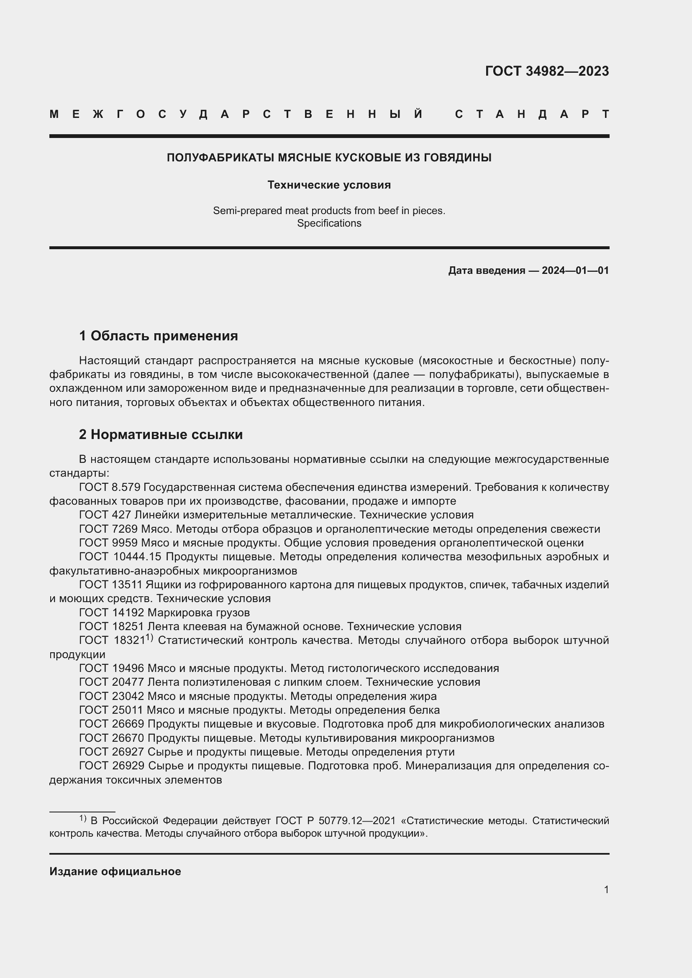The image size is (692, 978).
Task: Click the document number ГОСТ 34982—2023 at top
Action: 547,71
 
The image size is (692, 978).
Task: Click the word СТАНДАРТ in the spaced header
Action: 532,114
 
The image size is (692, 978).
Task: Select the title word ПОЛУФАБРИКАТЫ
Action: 220,158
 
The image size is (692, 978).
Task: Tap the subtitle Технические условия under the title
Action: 329,185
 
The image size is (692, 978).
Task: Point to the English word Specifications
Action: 329,223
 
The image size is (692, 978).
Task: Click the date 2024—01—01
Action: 575,271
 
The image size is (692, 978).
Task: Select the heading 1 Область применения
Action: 159,336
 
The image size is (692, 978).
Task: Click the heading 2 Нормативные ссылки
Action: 161,434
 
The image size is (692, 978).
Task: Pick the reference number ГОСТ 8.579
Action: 110,487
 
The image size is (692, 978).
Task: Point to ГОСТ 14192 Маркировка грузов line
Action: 164,613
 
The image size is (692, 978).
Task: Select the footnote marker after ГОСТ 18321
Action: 149,638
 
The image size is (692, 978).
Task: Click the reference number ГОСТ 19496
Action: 112,668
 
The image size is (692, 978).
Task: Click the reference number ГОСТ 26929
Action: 112,766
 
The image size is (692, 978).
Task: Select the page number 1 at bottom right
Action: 606,890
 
